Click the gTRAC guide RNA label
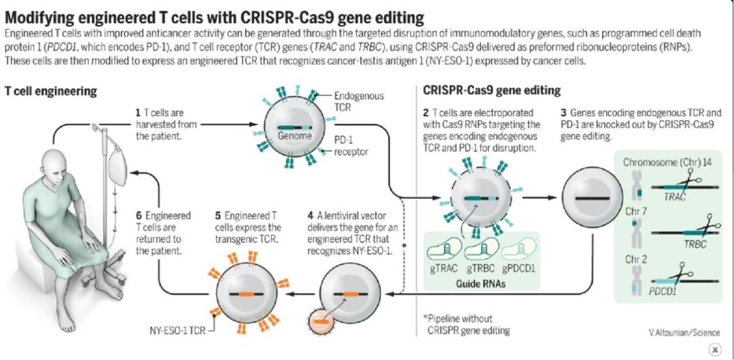point(442,269)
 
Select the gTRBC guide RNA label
point(480,269)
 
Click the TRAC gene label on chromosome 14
point(674,196)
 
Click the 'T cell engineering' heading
point(51,90)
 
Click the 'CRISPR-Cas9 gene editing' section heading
point(492,90)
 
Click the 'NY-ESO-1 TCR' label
point(178,332)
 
